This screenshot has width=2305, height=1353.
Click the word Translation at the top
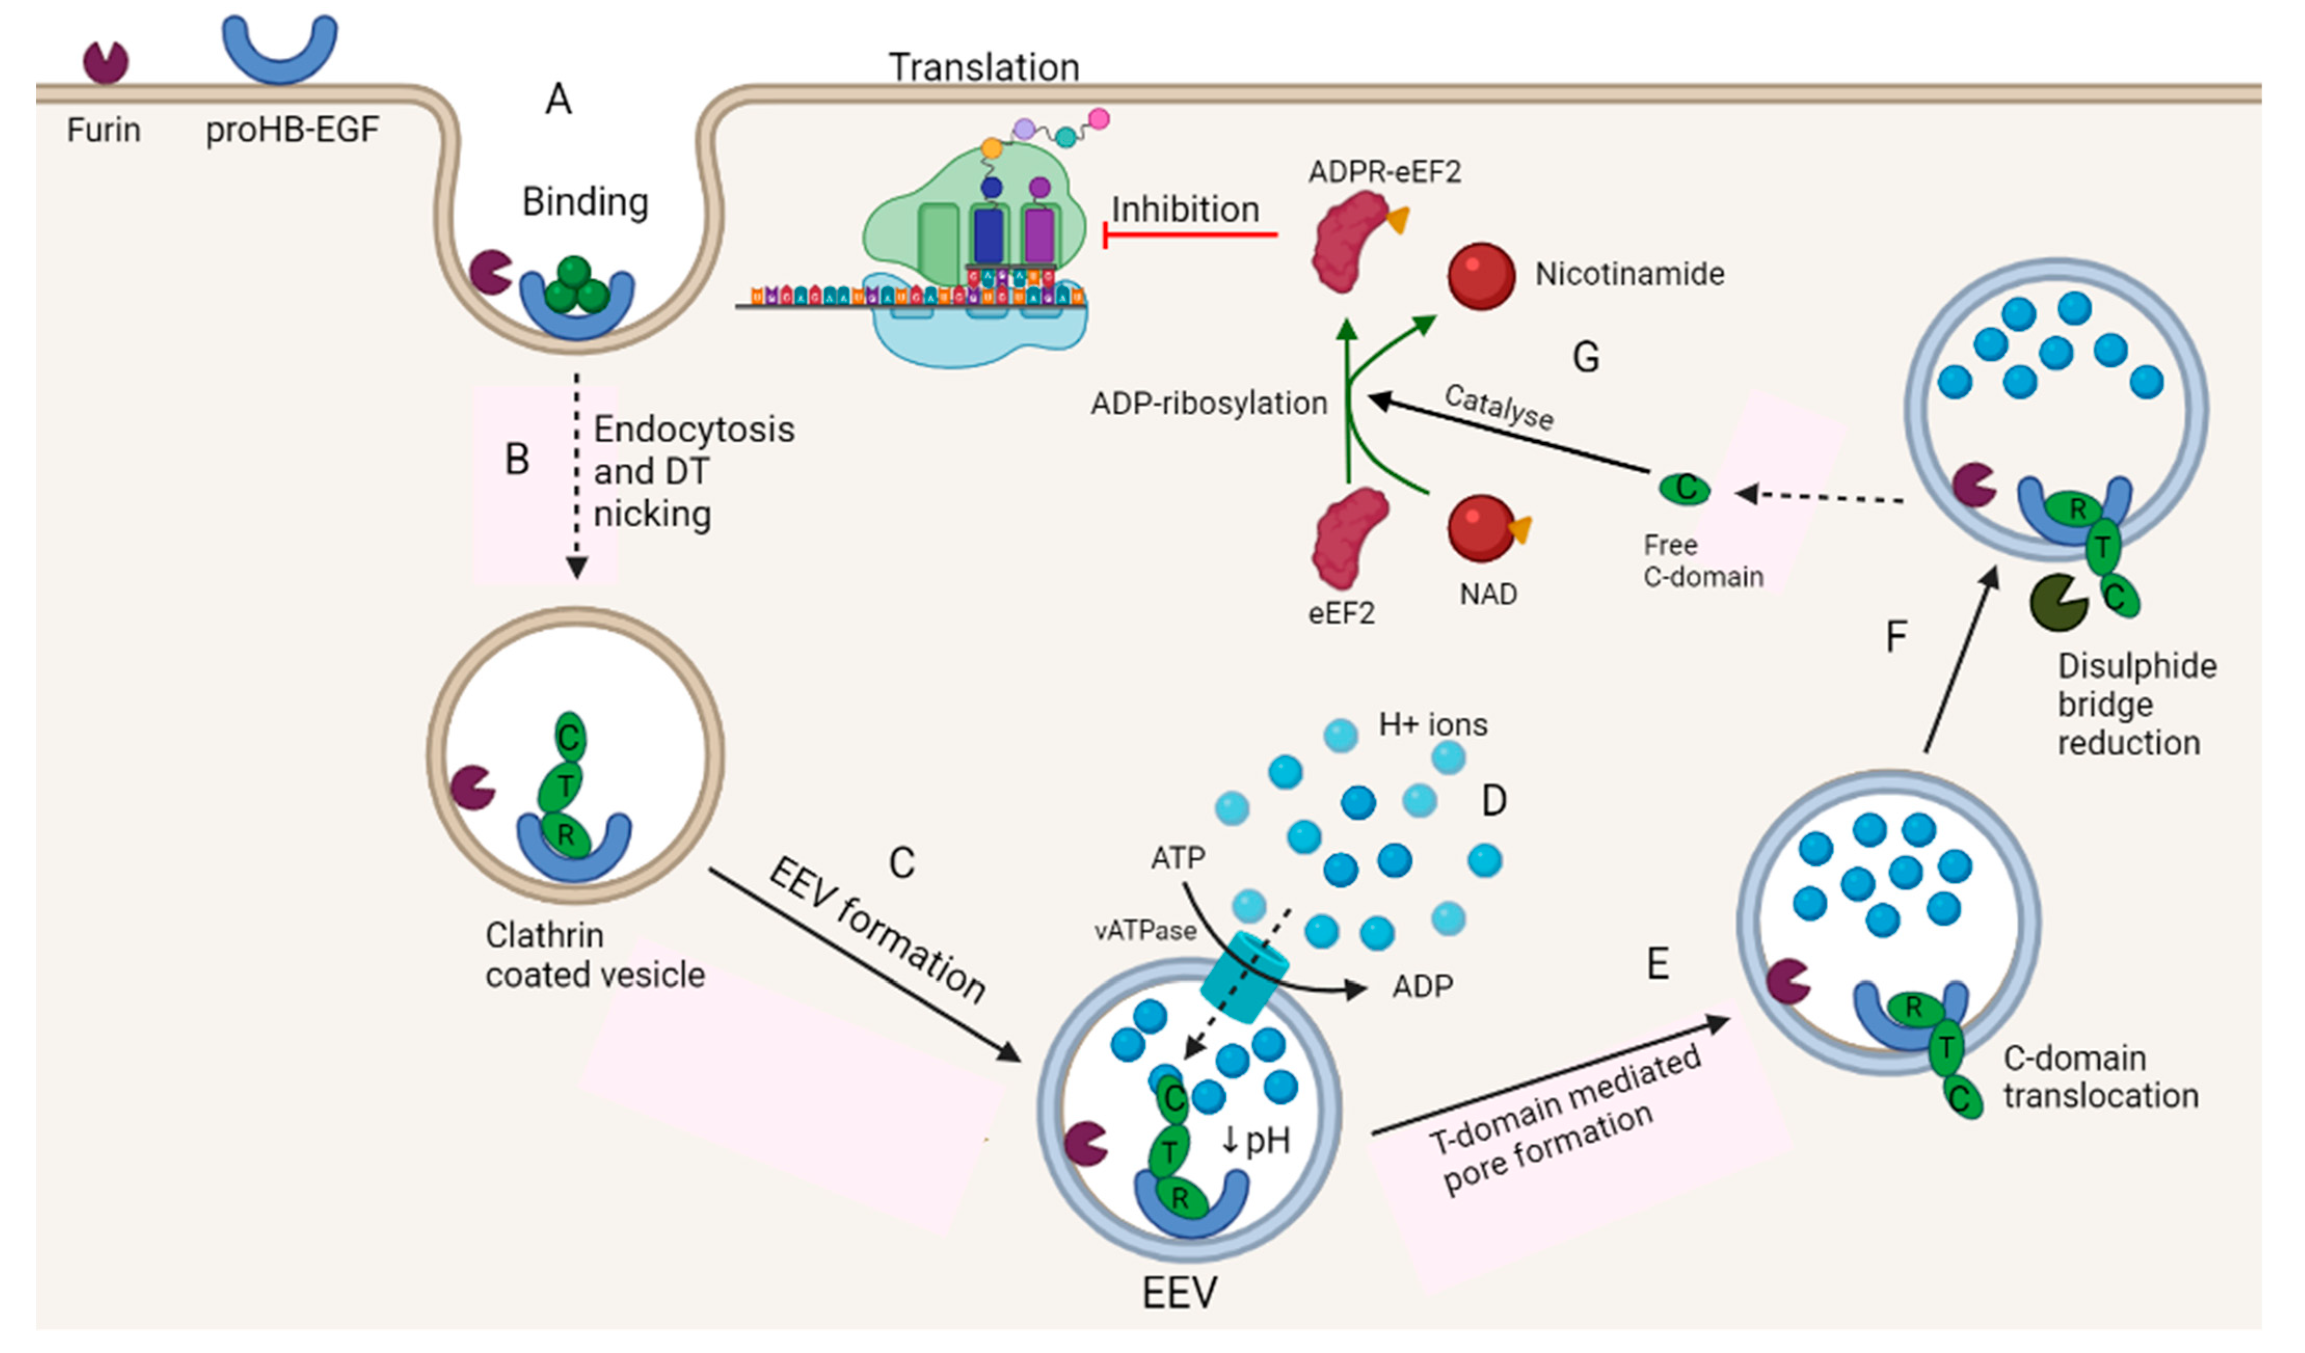[x=984, y=68]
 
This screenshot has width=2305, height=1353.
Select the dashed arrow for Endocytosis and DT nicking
[x=577, y=476]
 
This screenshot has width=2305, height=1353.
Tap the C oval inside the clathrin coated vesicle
[x=569, y=738]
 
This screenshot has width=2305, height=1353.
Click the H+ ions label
[x=1432, y=725]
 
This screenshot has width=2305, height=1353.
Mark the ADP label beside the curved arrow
[x=1423, y=986]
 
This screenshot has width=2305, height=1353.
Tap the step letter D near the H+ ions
[x=1494, y=801]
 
